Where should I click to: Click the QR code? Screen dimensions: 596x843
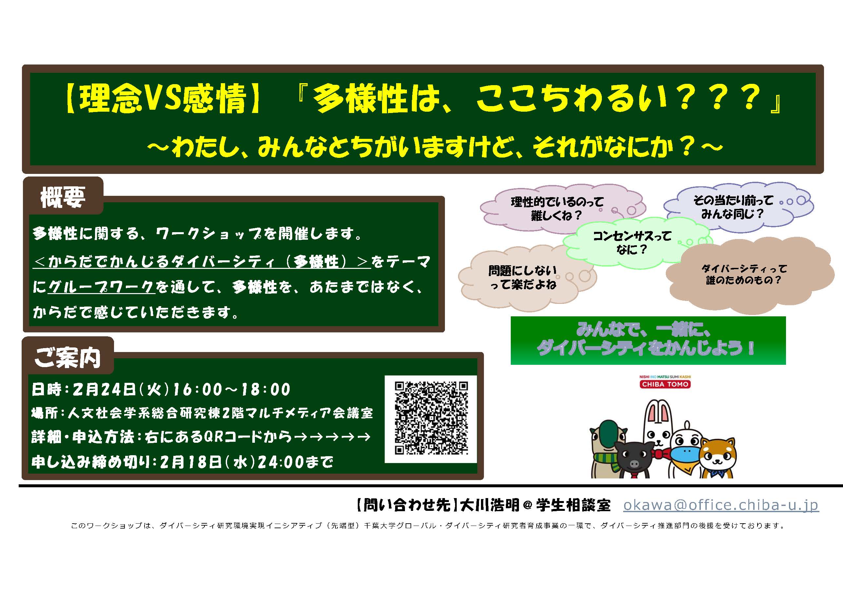(431, 419)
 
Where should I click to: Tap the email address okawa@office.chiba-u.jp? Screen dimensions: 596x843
(721, 505)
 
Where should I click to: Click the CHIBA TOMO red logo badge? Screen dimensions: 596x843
(665, 384)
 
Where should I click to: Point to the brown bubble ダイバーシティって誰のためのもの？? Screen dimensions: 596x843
(744, 274)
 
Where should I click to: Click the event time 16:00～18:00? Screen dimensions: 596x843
(231, 389)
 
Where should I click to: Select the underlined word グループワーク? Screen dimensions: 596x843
(101, 287)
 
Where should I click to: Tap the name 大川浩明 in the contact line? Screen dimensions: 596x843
(490, 506)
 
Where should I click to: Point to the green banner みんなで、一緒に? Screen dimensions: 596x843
(648, 340)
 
